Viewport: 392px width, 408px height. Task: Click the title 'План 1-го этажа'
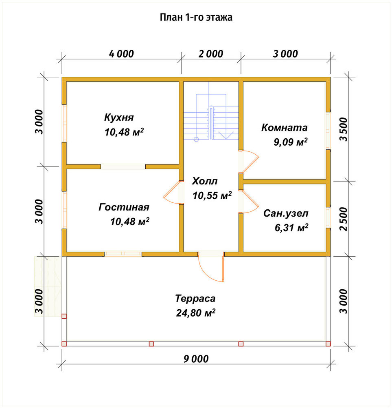point(196,17)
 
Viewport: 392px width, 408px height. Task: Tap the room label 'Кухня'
point(119,118)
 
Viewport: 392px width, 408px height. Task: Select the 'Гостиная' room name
point(124,207)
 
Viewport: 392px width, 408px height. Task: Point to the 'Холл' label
point(205,181)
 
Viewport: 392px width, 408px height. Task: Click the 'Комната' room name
point(284,127)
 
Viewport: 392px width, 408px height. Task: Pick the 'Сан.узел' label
point(286,213)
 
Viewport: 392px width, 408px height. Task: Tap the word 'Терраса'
point(195,298)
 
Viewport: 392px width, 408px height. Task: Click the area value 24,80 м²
point(196,313)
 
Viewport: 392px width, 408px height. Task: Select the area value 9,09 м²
point(291,142)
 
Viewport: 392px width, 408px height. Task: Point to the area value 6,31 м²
point(291,228)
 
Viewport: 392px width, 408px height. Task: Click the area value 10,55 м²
point(212,195)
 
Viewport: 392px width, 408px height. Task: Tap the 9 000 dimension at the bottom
point(196,359)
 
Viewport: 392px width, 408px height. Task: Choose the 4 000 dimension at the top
point(121,54)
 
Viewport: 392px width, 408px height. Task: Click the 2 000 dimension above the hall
point(211,54)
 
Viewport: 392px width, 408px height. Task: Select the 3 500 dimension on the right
point(343,129)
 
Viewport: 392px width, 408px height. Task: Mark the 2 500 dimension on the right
point(343,219)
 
